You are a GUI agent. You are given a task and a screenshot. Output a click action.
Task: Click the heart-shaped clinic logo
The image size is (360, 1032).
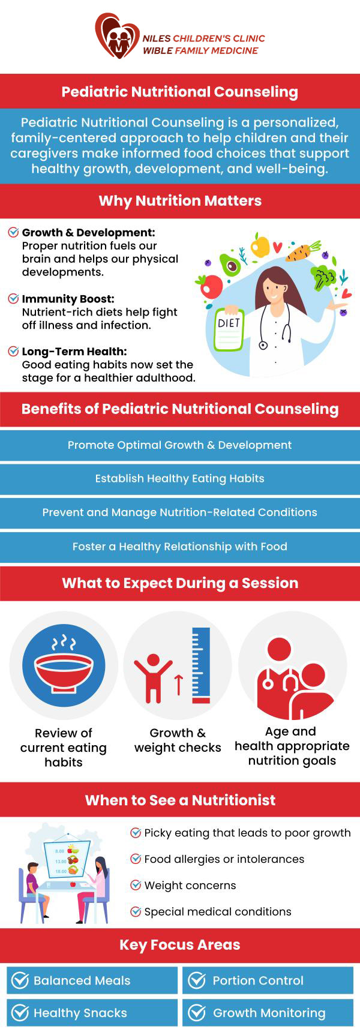[117, 36]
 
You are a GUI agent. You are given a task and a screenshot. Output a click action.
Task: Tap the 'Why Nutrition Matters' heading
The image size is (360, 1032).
[180, 200]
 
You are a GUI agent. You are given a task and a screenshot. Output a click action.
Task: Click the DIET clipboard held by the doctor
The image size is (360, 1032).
[229, 329]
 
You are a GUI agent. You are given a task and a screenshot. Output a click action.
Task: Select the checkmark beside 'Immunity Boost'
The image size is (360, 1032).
[13, 298]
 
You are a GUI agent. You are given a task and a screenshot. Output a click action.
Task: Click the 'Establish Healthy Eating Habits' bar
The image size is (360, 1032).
[180, 479]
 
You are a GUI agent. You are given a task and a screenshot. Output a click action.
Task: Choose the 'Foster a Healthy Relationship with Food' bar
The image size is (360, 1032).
[180, 547]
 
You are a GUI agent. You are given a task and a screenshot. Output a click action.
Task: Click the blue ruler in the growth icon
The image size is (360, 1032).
[201, 665]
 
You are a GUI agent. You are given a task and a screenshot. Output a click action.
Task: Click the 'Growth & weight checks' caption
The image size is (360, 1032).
[178, 740]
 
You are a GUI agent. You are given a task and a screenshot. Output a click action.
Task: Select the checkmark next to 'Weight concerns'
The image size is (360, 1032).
[136, 885]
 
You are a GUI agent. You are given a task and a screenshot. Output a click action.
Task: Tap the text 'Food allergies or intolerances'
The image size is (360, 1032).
[224, 859]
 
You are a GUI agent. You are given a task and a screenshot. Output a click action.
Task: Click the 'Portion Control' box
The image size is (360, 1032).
[268, 980]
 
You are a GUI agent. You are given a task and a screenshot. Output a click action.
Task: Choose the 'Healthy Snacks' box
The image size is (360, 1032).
[92, 1013]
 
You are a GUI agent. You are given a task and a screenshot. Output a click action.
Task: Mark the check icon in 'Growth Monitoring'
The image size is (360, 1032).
[197, 1013]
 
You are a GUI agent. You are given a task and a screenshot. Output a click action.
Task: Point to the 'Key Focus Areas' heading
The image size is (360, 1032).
[180, 945]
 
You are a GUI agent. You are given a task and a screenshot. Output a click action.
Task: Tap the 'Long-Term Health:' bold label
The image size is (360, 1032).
[74, 352]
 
